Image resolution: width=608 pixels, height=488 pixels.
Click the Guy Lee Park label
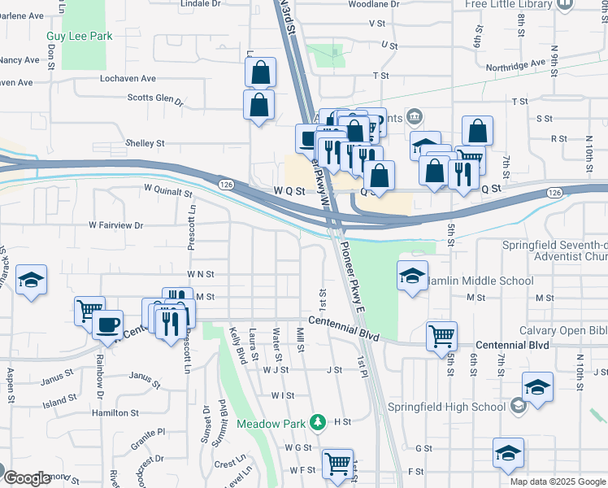(x=79, y=36)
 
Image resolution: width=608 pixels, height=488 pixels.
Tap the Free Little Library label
(x=508, y=4)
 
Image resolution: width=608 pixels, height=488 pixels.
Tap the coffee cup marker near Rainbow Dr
(x=107, y=325)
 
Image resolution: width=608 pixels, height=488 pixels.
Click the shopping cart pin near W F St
(x=337, y=464)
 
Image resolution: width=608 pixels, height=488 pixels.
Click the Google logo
(x=27, y=478)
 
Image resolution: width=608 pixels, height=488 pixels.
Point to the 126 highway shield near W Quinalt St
(x=227, y=185)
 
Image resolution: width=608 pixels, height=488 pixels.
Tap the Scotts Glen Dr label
(x=155, y=98)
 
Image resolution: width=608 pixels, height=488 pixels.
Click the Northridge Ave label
(x=515, y=63)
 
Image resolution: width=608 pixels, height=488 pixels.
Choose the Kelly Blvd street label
(x=238, y=346)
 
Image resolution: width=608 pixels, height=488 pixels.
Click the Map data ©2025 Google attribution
(x=558, y=481)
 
